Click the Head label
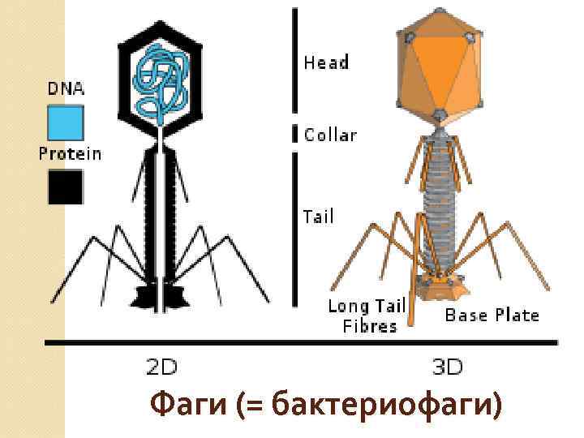pos(325,62)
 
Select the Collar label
pos(330,135)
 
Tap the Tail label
pos(318,217)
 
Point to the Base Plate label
pos(492,315)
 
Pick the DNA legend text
pos(66,88)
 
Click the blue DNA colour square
pos(65,123)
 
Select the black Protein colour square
pos(65,187)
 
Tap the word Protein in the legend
pos(71,154)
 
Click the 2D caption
pos(162,367)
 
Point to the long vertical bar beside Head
pos(294,61)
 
